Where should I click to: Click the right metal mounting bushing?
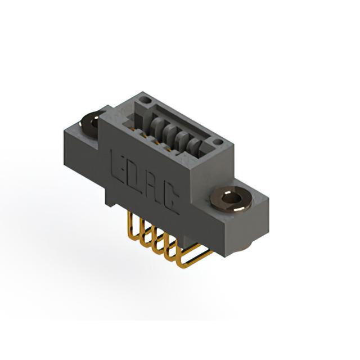[x=231, y=199]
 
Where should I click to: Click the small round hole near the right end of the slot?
[x=218, y=142]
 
